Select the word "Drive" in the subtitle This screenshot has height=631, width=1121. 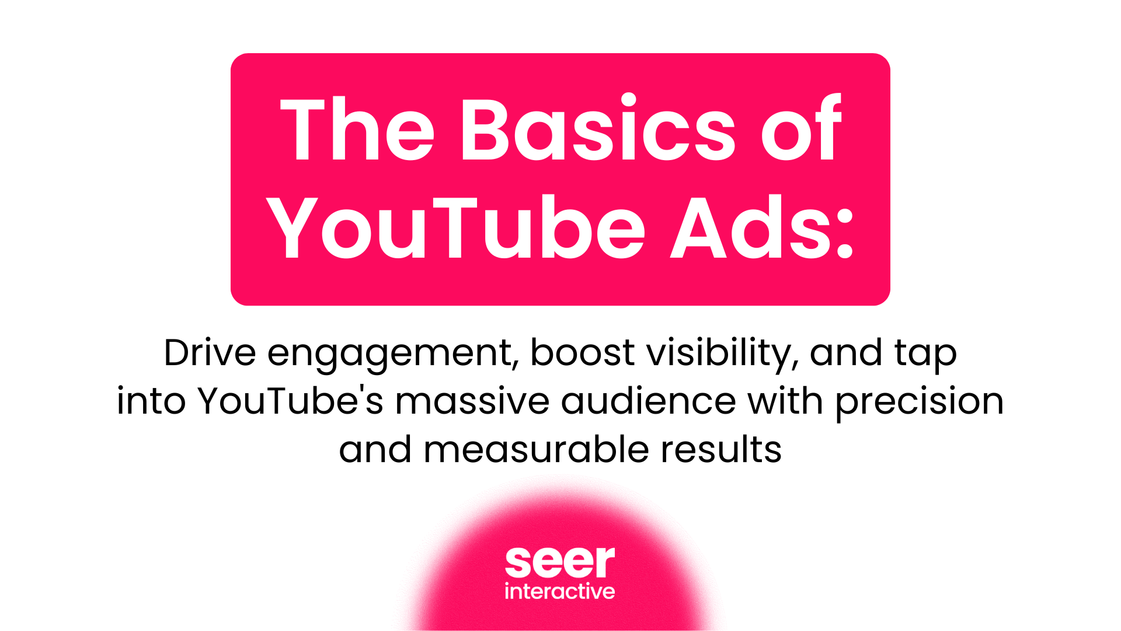[x=210, y=353]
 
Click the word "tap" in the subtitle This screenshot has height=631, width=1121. [x=926, y=354]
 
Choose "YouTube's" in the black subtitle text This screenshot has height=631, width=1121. [x=290, y=401]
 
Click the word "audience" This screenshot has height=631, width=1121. [x=649, y=401]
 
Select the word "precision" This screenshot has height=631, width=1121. [x=920, y=403]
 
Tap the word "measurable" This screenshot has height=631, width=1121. [x=536, y=450]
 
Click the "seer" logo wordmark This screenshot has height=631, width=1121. [x=560, y=561]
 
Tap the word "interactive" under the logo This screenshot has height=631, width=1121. [x=560, y=591]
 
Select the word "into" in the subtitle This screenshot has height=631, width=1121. [x=151, y=401]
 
